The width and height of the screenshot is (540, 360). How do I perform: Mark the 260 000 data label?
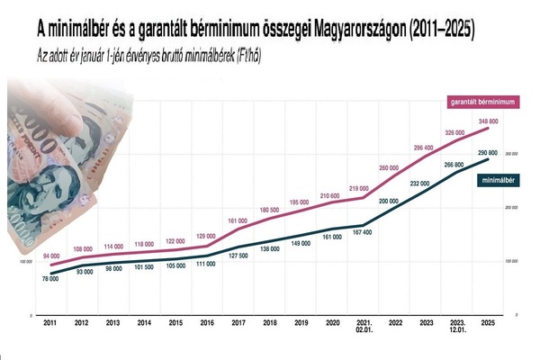click(x=390, y=168)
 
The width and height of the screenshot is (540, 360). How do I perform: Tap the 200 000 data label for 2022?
click(x=390, y=201)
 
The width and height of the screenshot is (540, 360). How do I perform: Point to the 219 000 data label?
click(x=359, y=187)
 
